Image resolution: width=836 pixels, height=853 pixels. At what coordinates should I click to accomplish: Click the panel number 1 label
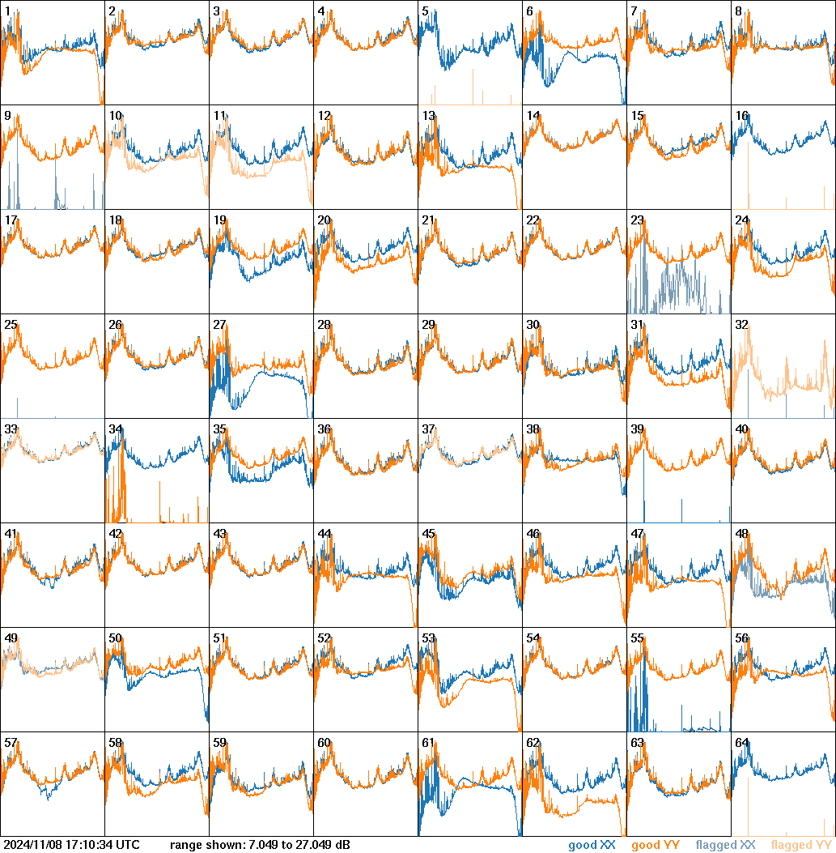7,11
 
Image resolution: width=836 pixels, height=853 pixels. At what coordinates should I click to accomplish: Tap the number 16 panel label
741,116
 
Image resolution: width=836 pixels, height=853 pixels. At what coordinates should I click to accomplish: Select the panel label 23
637,220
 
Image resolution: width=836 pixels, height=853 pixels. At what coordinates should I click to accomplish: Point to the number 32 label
741,325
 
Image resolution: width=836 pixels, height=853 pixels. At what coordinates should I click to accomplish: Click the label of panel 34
115,429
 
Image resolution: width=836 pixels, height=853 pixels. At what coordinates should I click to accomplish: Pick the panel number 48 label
741,534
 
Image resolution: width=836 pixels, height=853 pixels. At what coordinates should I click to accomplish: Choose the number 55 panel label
637,638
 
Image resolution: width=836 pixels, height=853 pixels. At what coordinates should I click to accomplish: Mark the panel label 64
741,743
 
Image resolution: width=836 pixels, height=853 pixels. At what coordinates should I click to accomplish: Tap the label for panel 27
219,325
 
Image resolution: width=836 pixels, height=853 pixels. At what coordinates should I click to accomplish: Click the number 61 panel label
428,743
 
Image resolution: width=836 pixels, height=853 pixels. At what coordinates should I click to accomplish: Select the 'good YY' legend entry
656,846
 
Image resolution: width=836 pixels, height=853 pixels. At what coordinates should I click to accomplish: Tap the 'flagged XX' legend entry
725,846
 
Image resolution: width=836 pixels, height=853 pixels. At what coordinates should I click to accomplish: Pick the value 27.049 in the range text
314,846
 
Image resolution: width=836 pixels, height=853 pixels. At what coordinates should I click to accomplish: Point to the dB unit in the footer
343,846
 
